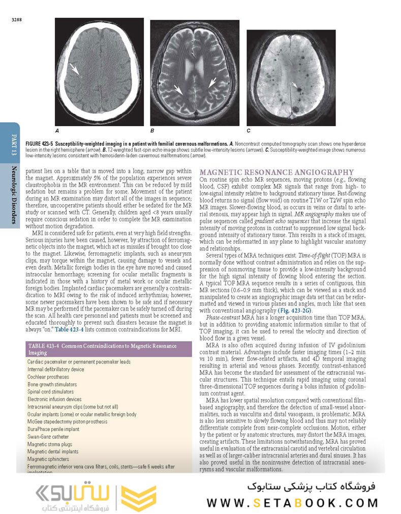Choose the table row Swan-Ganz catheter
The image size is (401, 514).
(47, 437)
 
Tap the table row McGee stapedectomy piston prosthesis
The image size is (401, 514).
(68, 422)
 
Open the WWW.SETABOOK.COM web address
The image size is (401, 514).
(292, 503)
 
